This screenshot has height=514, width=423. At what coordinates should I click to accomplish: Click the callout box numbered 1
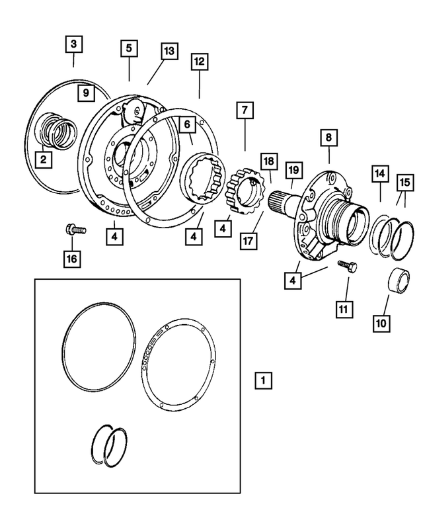coord(263,380)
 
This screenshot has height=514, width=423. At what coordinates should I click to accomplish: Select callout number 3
coord(73,45)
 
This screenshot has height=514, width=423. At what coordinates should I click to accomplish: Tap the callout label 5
coord(129,48)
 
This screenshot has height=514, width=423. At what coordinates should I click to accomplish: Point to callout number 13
coord(169,51)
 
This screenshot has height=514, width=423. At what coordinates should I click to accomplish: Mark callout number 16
coord(71,258)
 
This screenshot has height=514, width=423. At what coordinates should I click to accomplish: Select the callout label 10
coord(382,323)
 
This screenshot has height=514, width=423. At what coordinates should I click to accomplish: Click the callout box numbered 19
coord(293,170)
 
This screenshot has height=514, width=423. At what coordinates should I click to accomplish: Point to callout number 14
coord(380,174)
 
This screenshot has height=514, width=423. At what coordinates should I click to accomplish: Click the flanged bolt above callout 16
coord(73,230)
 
